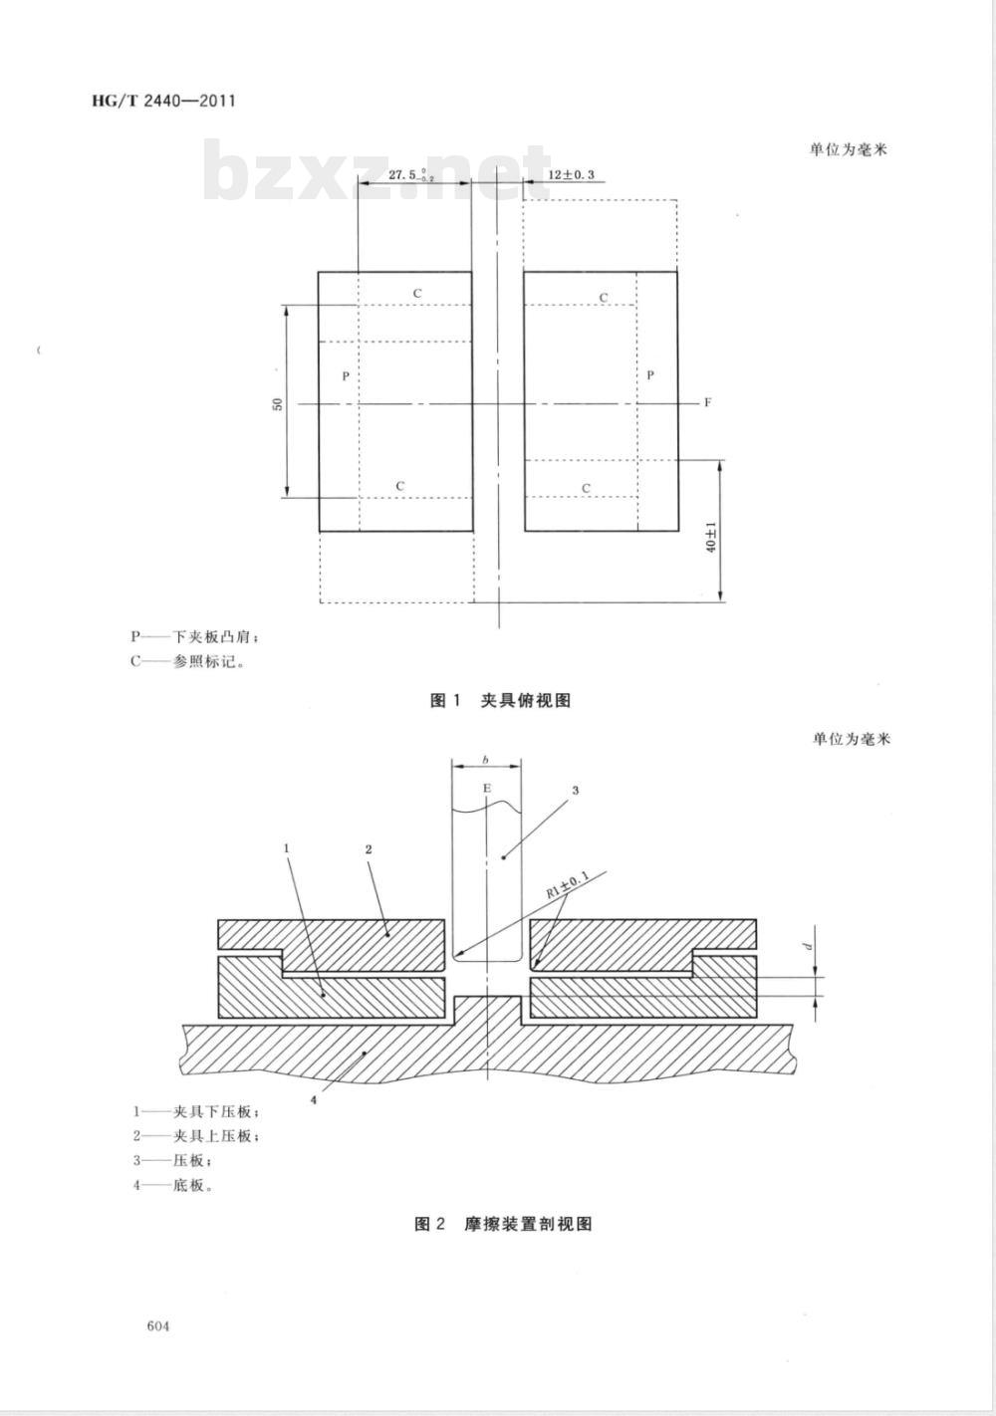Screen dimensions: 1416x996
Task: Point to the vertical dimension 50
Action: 279,403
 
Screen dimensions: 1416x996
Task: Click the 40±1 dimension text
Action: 711,535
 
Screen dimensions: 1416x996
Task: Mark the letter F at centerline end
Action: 707,403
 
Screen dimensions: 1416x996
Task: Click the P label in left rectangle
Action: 345,376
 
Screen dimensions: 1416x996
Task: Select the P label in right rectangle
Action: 650,375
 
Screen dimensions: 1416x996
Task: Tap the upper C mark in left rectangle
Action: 417,294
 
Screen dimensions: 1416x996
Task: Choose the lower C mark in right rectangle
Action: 586,488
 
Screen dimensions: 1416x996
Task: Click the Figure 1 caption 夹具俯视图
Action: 500,701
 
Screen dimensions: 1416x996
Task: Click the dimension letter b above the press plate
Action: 485,761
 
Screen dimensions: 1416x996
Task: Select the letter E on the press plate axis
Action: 486,789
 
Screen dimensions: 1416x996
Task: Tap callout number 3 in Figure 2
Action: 575,791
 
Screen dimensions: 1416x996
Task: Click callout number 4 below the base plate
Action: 313,1100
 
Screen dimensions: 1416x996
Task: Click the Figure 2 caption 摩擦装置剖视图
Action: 503,1224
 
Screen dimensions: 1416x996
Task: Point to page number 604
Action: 158,1326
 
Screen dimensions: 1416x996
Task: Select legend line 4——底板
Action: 173,1186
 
